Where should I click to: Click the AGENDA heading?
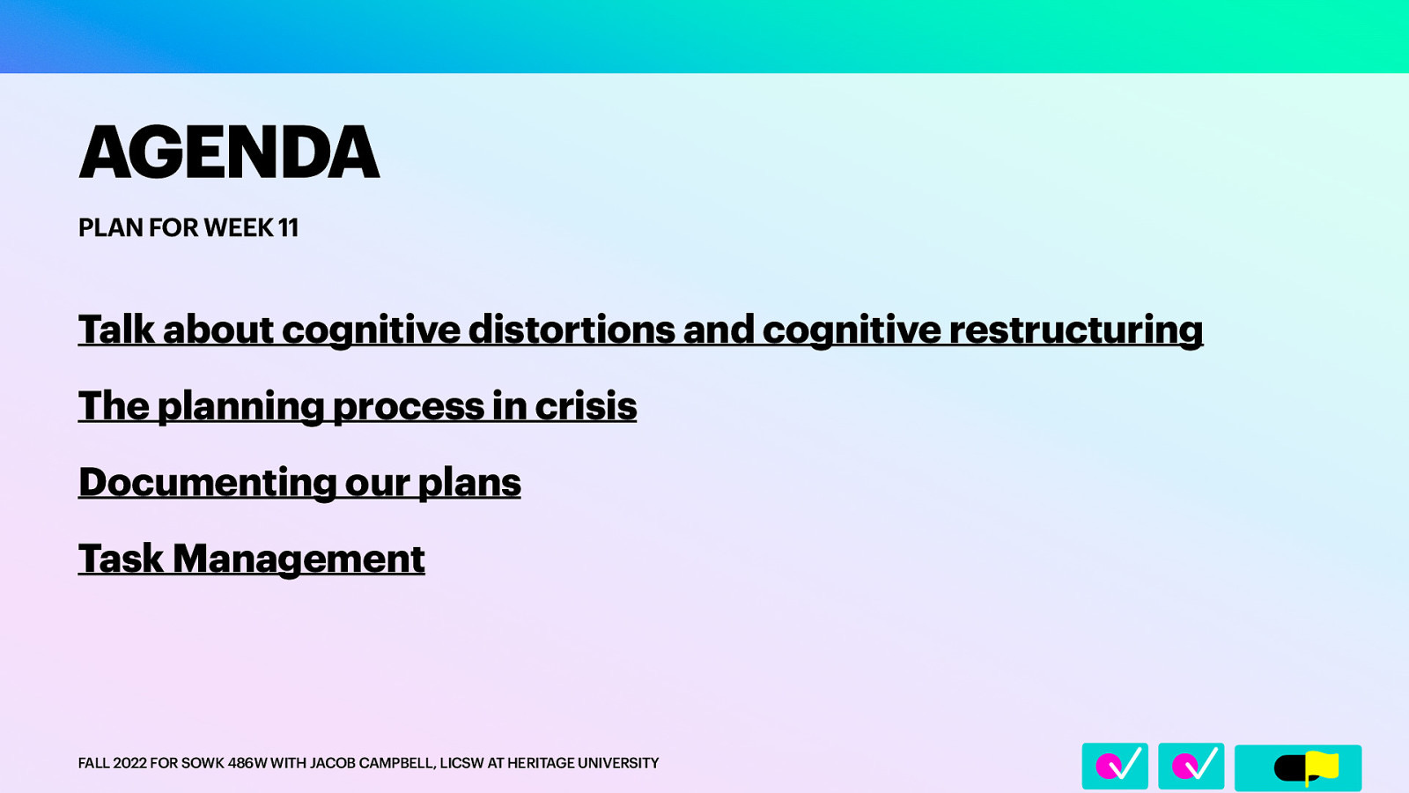click(229, 152)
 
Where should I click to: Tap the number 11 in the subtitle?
click(288, 227)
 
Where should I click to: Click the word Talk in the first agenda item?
click(116, 330)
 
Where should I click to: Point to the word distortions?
click(572, 330)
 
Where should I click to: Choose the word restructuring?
click(1075, 330)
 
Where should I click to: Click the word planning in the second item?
click(240, 406)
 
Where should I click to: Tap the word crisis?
click(586, 406)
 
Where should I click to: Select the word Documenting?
click(207, 483)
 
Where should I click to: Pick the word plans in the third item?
click(469, 483)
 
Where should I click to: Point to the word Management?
click(299, 559)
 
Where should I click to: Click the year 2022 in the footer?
click(129, 763)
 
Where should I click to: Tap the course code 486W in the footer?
click(247, 763)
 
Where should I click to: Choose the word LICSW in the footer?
click(461, 763)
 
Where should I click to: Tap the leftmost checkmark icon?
click(1115, 766)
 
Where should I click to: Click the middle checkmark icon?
click(1191, 766)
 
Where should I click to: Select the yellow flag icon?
click(1321, 767)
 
